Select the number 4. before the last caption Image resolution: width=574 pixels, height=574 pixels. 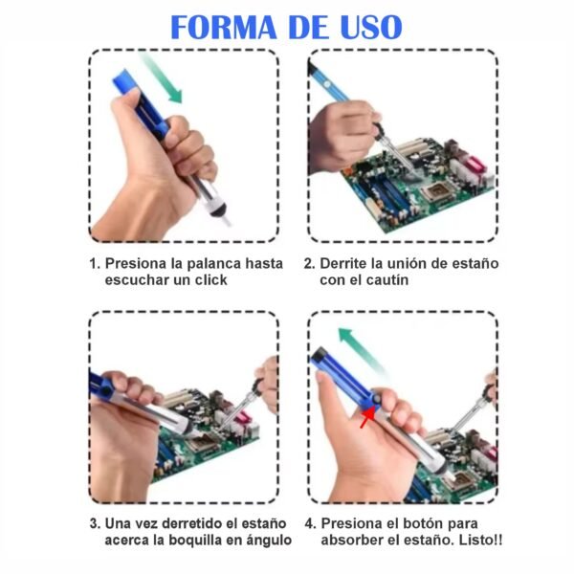coord(310,523)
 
